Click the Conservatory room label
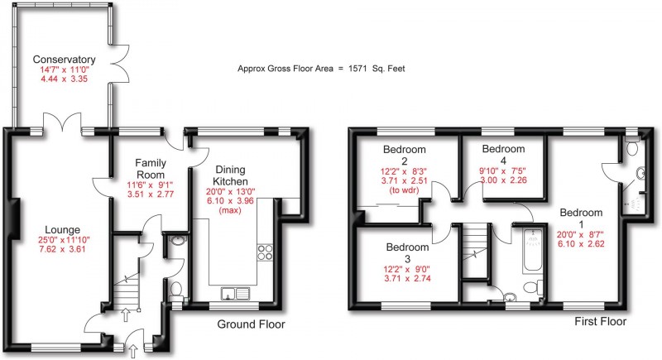(x=65, y=60)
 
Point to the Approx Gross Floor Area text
(x=321, y=70)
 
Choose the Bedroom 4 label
(x=504, y=155)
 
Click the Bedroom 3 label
(x=408, y=252)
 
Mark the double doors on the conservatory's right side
(x=122, y=61)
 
